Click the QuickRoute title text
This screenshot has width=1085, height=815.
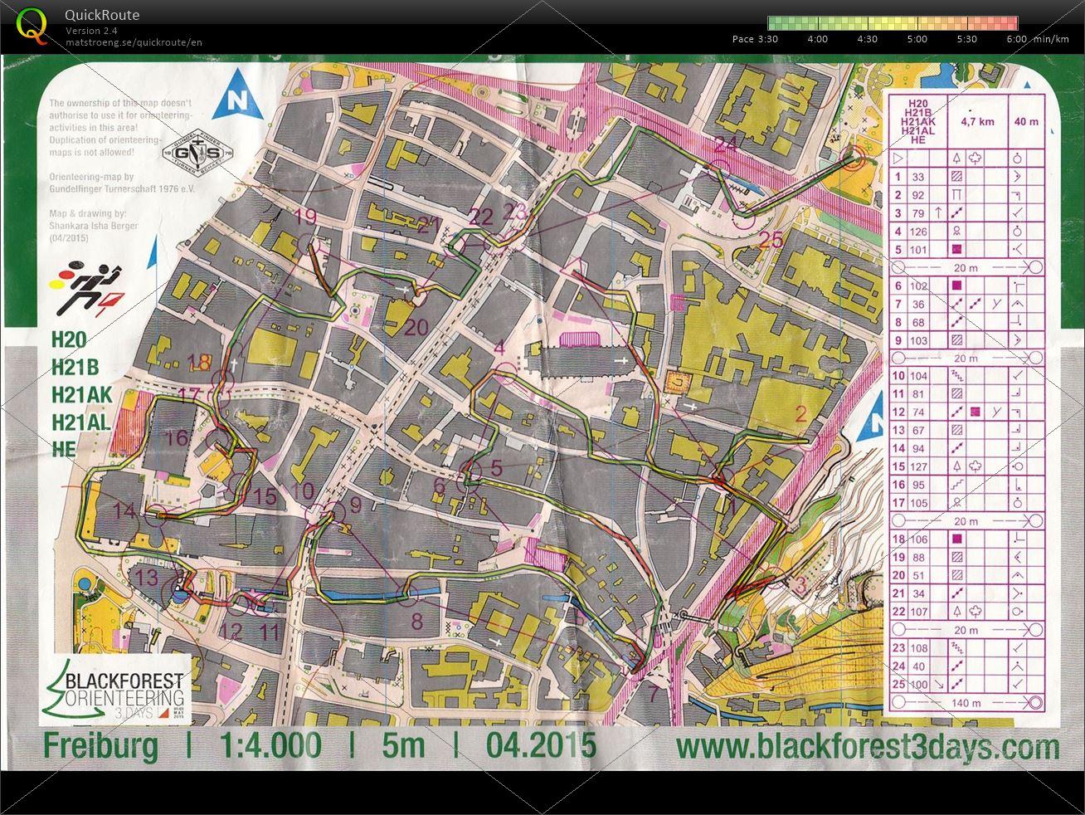[102, 15]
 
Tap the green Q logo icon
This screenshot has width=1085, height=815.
[32, 24]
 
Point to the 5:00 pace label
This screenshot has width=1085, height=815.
[917, 39]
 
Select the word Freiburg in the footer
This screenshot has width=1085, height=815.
[100, 746]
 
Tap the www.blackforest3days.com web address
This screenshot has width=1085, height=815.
[867, 746]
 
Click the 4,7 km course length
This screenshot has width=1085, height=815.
[976, 121]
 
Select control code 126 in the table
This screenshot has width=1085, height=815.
[918, 232]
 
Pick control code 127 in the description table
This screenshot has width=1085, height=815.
[918, 466]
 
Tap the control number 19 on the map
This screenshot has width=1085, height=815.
[306, 217]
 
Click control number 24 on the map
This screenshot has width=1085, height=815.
[725, 144]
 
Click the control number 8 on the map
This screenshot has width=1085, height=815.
[416, 621]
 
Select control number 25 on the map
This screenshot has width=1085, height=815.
[771, 240]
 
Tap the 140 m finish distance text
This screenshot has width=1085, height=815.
[961, 703]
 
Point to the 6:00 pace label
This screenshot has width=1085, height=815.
[1016, 39]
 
